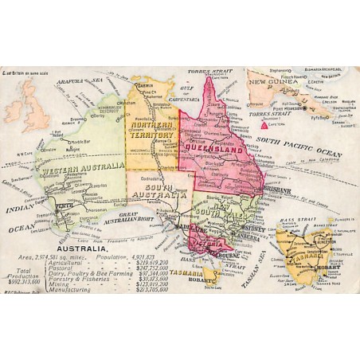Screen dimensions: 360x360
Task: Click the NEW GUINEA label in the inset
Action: [272, 81]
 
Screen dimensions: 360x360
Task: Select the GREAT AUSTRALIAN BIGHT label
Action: [128, 217]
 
